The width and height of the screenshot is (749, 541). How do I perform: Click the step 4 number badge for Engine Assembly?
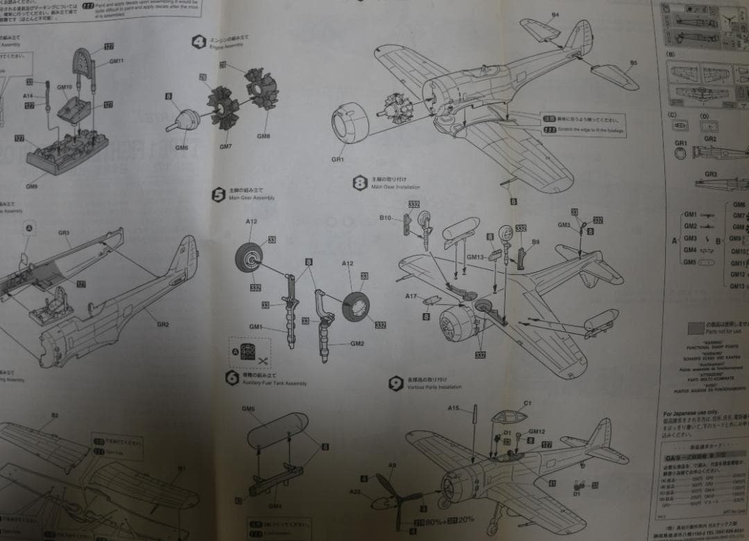(198, 42)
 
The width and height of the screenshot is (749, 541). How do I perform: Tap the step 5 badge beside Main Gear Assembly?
(218, 195)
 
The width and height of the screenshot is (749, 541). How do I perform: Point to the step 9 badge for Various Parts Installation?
(396, 383)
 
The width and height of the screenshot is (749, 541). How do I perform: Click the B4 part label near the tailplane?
(555, 15)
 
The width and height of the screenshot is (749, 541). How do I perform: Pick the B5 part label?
(633, 63)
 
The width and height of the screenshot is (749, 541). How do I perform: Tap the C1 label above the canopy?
(527, 403)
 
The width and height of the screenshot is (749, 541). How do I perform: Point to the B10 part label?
(386, 218)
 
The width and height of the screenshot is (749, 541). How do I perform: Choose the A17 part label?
(411, 296)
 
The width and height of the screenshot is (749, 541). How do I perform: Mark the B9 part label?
(535, 242)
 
